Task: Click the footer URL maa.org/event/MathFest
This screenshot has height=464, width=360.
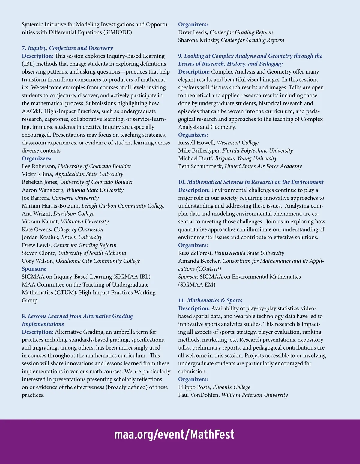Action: coord(174,435)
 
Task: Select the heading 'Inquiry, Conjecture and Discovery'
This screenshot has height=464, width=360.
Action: coord(70,48)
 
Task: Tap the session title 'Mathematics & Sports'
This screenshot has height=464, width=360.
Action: coord(214,300)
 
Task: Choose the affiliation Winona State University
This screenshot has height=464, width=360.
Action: coord(95,190)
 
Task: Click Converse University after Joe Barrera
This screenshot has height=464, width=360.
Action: coord(75,198)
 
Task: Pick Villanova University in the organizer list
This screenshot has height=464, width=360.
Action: coord(85,221)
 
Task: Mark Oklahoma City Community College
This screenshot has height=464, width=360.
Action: coord(98,261)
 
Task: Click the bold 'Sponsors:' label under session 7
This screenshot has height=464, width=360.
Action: coord(34,269)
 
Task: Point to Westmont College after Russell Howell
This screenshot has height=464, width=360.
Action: coord(238,143)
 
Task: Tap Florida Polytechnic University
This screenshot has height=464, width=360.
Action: coord(257,150)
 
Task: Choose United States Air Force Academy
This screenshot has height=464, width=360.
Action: coord(263,166)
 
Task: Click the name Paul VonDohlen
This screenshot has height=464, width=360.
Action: coord(198,395)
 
